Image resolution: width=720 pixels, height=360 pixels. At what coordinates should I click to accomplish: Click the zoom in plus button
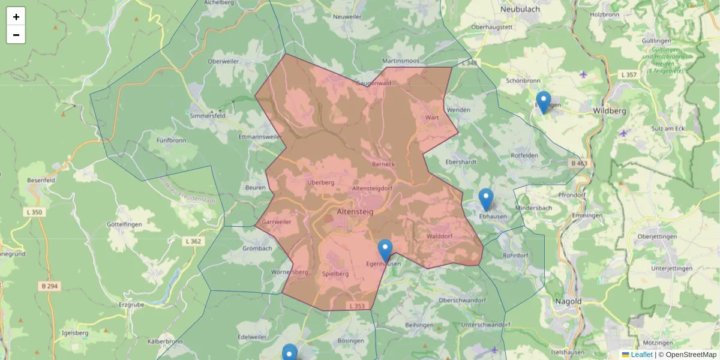(16, 17)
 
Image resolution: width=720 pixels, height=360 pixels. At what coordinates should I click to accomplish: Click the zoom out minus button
(16, 35)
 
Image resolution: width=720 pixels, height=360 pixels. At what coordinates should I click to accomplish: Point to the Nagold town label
(568, 301)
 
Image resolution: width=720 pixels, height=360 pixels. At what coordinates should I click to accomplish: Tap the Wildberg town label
(609, 112)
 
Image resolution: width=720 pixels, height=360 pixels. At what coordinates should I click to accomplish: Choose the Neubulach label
(520, 10)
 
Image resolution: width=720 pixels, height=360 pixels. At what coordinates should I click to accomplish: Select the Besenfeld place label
(41, 180)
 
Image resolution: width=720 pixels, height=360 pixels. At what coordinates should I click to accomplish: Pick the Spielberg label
(335, 274)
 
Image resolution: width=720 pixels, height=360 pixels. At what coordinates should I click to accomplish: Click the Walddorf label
(439, 236)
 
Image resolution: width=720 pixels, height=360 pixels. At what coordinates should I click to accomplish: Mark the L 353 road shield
(356, 306)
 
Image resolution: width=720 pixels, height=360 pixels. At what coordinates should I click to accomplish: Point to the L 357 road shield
(628, 74)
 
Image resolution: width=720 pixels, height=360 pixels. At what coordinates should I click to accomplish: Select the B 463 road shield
(578, 163)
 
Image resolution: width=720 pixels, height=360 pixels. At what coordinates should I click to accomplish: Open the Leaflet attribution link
(641, 355)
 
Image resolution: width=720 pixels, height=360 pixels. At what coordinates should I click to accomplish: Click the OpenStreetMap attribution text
(691, 355)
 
